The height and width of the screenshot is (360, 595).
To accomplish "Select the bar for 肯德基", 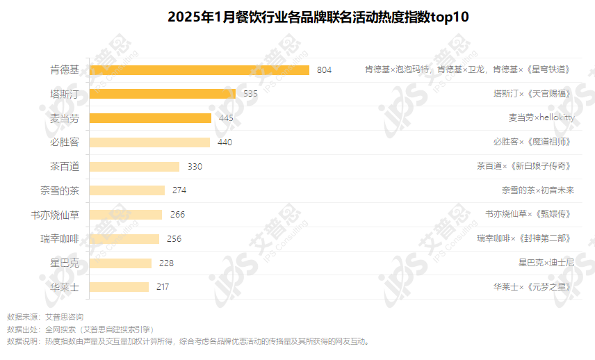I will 199,69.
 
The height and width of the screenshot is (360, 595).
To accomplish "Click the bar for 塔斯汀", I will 163,94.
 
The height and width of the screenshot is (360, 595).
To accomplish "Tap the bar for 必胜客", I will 150,142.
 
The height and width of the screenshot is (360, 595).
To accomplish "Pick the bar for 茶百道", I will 135,167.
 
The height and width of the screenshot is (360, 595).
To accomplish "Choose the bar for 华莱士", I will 120,286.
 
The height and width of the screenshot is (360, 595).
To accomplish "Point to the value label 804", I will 325,70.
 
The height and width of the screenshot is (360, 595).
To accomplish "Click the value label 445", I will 226,118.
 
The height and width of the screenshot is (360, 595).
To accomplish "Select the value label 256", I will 174,239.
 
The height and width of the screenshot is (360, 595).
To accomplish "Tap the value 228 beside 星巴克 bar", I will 166,263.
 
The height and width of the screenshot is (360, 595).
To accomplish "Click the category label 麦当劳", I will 65,118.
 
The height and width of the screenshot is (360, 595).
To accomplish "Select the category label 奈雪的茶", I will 60,190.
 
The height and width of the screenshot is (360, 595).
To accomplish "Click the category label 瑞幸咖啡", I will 60,239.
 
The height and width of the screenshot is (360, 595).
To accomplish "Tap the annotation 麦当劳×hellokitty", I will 541,118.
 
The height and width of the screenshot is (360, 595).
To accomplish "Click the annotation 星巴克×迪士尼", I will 546,263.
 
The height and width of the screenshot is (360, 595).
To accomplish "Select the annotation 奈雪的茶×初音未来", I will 538,190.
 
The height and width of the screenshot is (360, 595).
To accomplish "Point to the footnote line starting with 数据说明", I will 188,341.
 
